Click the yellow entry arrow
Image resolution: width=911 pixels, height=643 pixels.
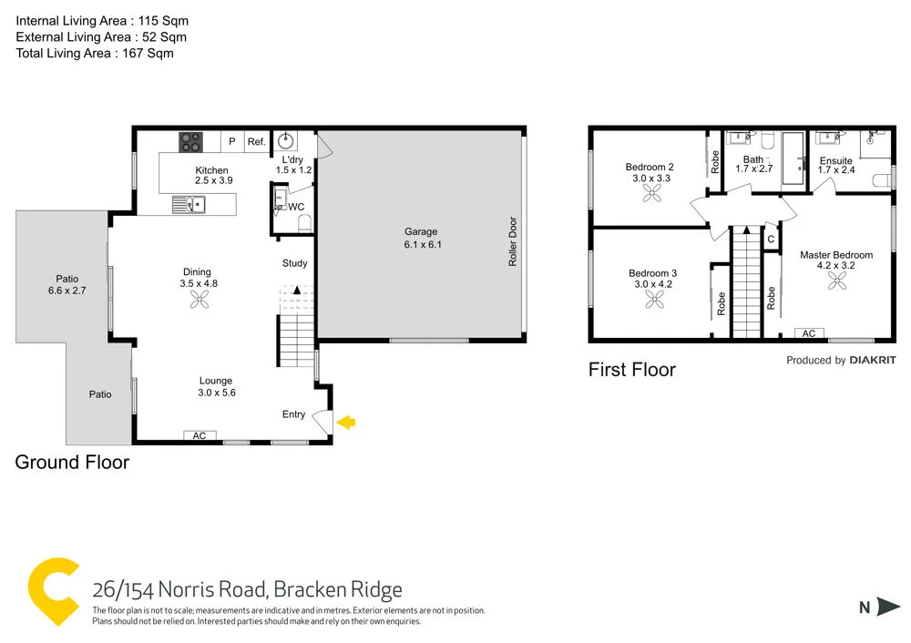pyautogui.click(x=346, y=422)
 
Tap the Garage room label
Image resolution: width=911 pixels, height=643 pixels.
pyautogui.click(x=421, y=232)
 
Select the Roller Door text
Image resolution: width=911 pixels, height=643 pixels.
pyautogui.click(x=513, y=241)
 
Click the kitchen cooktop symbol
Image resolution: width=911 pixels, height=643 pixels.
pyautogui.click(x=191, y=141)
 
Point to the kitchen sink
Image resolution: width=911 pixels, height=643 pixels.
pyautogui.click(x=190, y=206)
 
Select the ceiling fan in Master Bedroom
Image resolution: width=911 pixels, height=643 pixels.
pyautogui.click(x=836, y=283)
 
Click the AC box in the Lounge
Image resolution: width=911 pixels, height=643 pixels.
pyautogui.click(x=200, y=436)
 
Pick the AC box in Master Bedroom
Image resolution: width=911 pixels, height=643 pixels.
pyautogui.click(x=809, y=333)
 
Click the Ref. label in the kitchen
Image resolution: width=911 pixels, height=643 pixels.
pyautogui.click(x=256, y=141)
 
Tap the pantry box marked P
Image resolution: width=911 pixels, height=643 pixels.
pyautogui.click(x=232, y=141)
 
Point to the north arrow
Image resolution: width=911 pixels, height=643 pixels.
pyautogui.click(x=887, y=607)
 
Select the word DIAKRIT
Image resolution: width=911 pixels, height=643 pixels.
pyautogui.click(x=873, y=361)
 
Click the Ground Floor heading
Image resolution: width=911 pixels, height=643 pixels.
pyautogui.click(x=72, y=463)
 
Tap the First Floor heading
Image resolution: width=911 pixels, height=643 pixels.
pyautogui.click(x=632, y=370)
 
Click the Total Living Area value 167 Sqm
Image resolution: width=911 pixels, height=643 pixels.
pyautogui.click(x=146, y=54)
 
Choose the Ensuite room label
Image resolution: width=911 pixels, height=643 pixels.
pyautogui.click(x=835, y=161)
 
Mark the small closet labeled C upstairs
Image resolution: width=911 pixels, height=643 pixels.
pyautogui.click(x=771, y=240)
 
